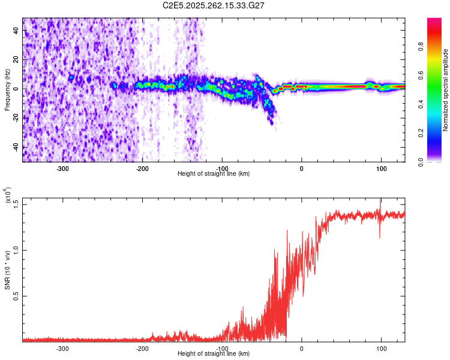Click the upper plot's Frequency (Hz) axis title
[7, 90]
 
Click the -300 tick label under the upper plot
[62, 169]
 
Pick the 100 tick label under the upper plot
[381, 169]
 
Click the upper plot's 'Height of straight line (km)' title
[214, 174]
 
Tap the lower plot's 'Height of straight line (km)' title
[214, 354]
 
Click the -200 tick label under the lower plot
[142, 349]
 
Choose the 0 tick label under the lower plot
[302, 349]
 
